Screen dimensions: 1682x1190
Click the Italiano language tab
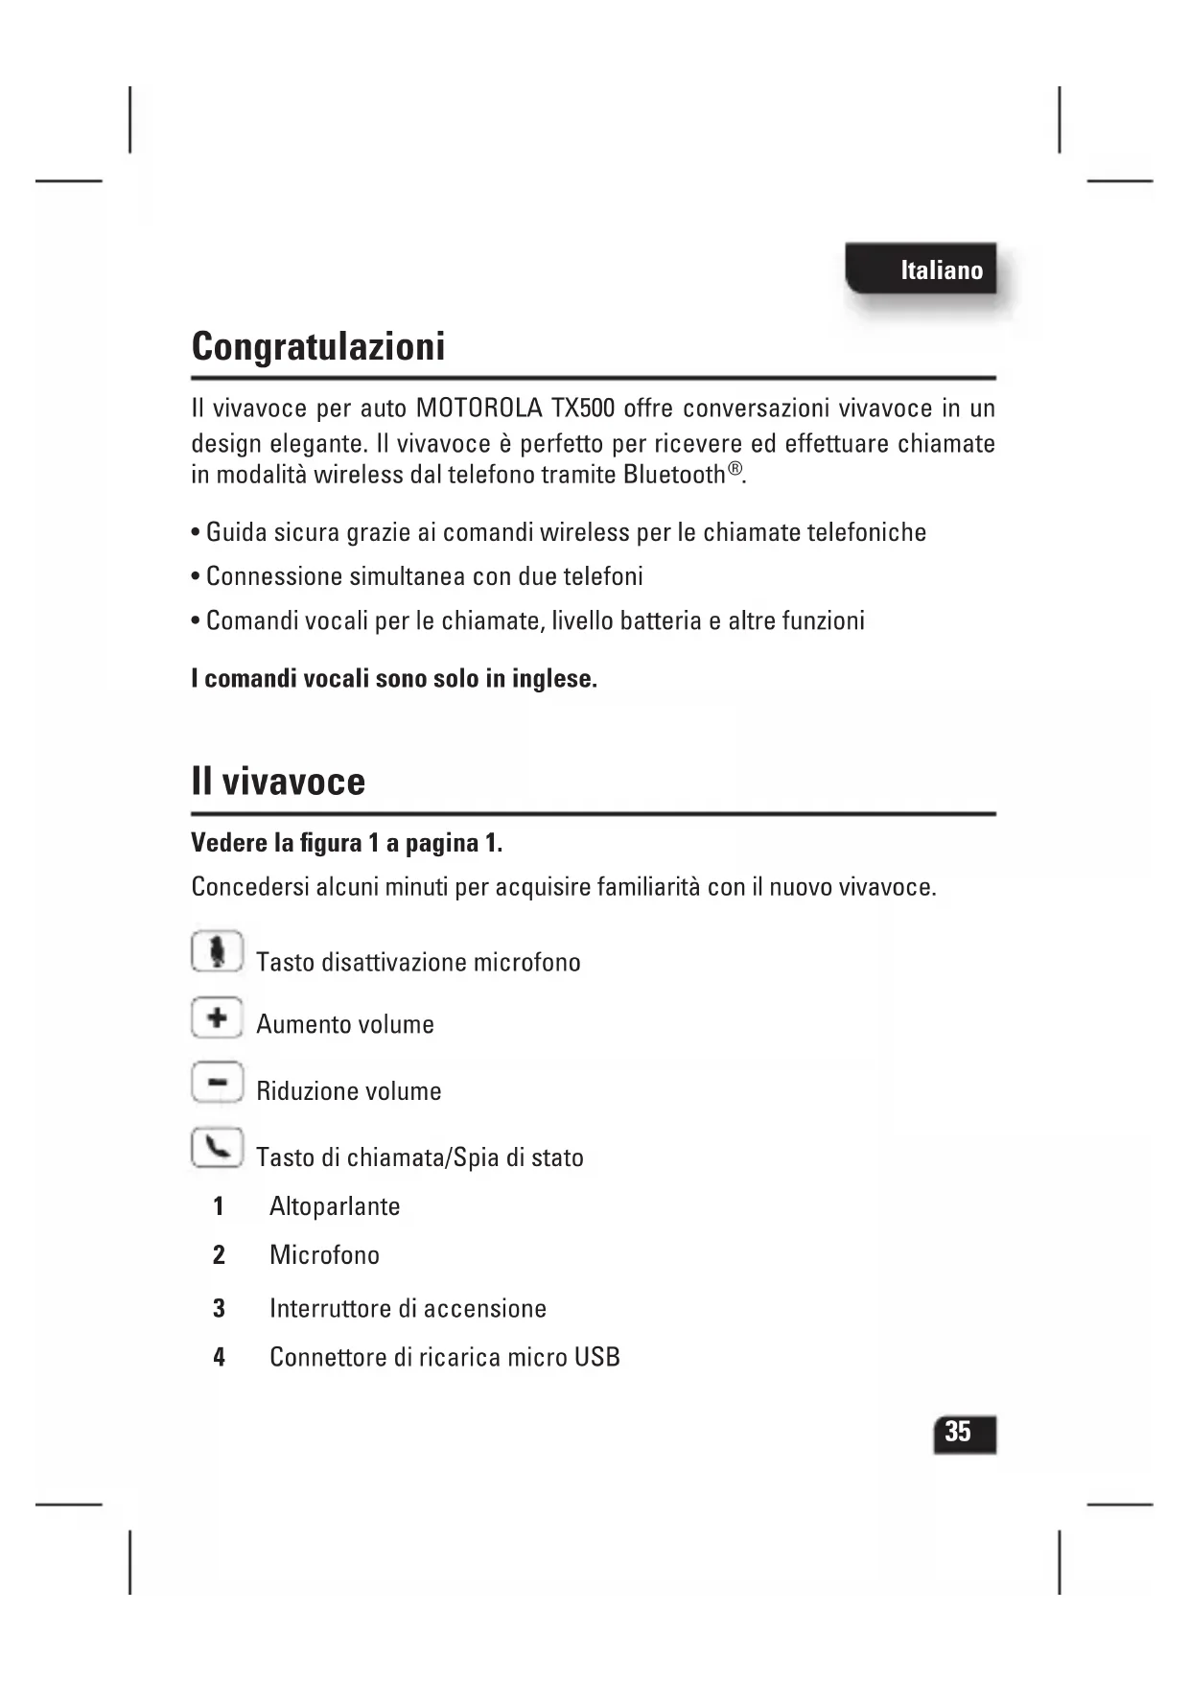922,269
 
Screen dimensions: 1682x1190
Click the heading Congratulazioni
318,346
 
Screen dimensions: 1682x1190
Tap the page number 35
959,1432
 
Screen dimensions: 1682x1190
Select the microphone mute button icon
218,951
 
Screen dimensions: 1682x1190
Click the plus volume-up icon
217,1016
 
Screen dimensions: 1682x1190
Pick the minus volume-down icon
217,1083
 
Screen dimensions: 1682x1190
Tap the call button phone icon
217,1147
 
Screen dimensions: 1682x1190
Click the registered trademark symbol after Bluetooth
735,469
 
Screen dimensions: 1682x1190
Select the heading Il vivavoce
278,782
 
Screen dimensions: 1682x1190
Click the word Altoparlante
335,1206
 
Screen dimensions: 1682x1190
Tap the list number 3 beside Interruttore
220,1308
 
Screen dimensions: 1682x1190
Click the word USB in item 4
596,1357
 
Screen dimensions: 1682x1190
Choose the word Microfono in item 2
324,1255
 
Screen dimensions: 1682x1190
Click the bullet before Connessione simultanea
196,577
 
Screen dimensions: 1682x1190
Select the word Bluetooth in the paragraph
674,475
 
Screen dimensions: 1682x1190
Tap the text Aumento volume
345,1024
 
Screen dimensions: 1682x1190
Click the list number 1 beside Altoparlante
219,1206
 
